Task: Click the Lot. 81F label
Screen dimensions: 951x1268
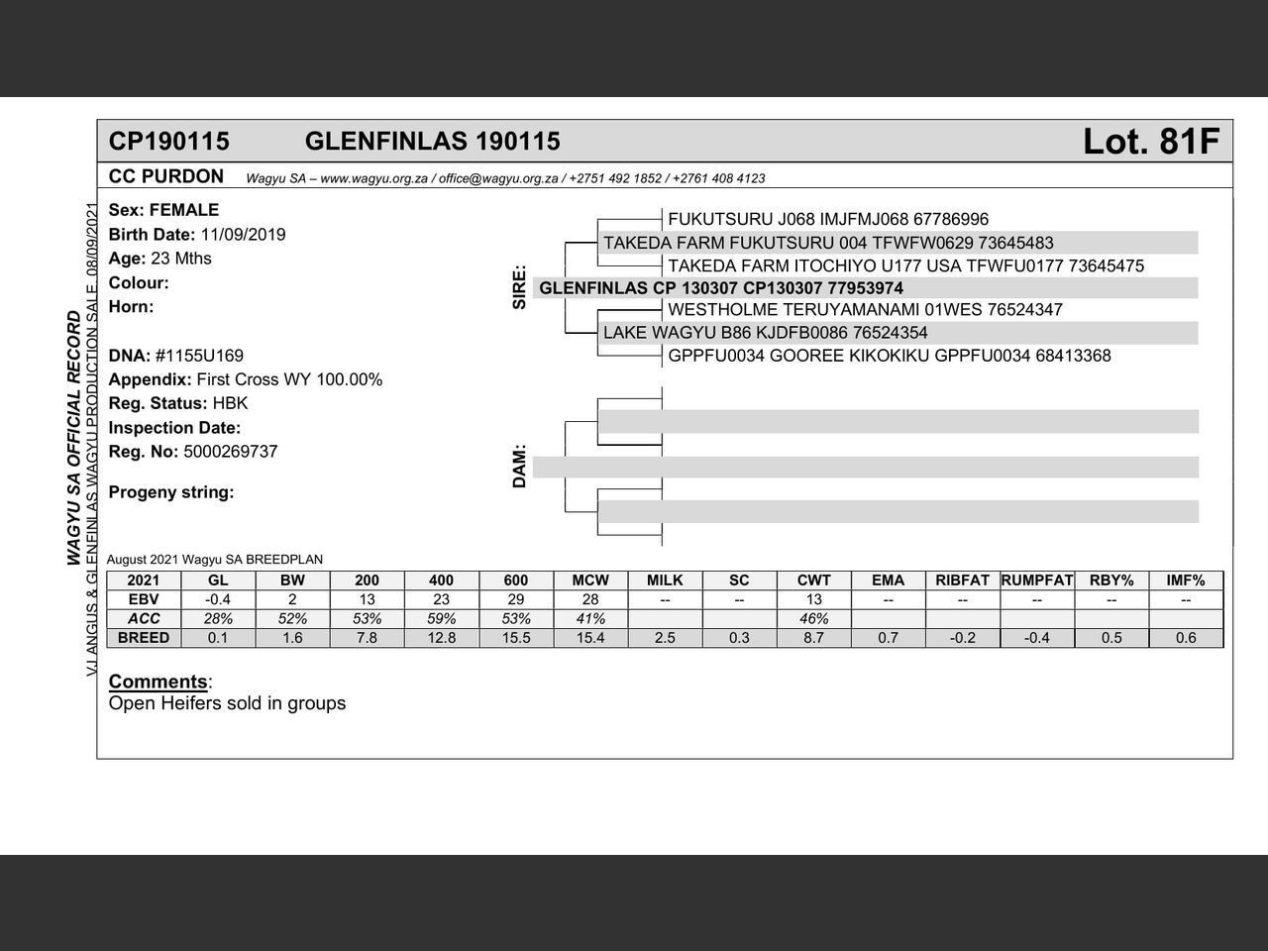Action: pyautogui.click(x=1150, y=142)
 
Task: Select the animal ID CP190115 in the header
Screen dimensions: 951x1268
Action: pyautogui.click(x=168, y=142)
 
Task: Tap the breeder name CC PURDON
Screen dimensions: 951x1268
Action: pyautogui.click(x=166, y=177)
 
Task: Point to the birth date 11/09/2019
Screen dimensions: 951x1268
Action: pyautogui.click(x=243, y=235)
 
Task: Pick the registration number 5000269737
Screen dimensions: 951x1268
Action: pyautogui.click(x=230, y=452)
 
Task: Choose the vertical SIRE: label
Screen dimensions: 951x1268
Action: pyautogui.click(x=520, y=288)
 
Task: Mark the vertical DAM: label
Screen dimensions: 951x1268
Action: pyautogui.click(x=520, y=466)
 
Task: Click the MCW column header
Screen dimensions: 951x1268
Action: pyautogui.click(x=590, y=581)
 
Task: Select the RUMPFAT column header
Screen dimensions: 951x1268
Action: pyautogui.click(x=1037, y=581)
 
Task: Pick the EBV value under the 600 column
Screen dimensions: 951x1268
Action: pyautogui.click(x=516, y=599)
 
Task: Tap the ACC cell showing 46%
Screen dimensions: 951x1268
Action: pyautogui.click(x=813, y=619)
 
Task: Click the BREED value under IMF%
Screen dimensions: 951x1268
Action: pyautogui.click(x=1186, y=638)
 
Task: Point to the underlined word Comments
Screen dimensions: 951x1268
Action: pyautogui.click(x=158, y=682)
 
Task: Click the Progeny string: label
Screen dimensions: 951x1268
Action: pyautogui.click(x=171, y=492)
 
